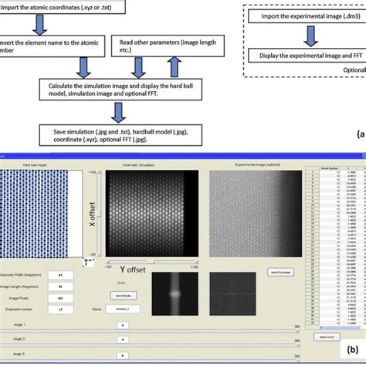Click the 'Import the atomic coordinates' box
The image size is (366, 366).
(54, 8)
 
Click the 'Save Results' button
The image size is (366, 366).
(122, 296)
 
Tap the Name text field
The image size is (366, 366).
(124, 310)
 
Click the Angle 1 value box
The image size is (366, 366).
(122, 326)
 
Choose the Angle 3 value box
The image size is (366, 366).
(122, 354)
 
